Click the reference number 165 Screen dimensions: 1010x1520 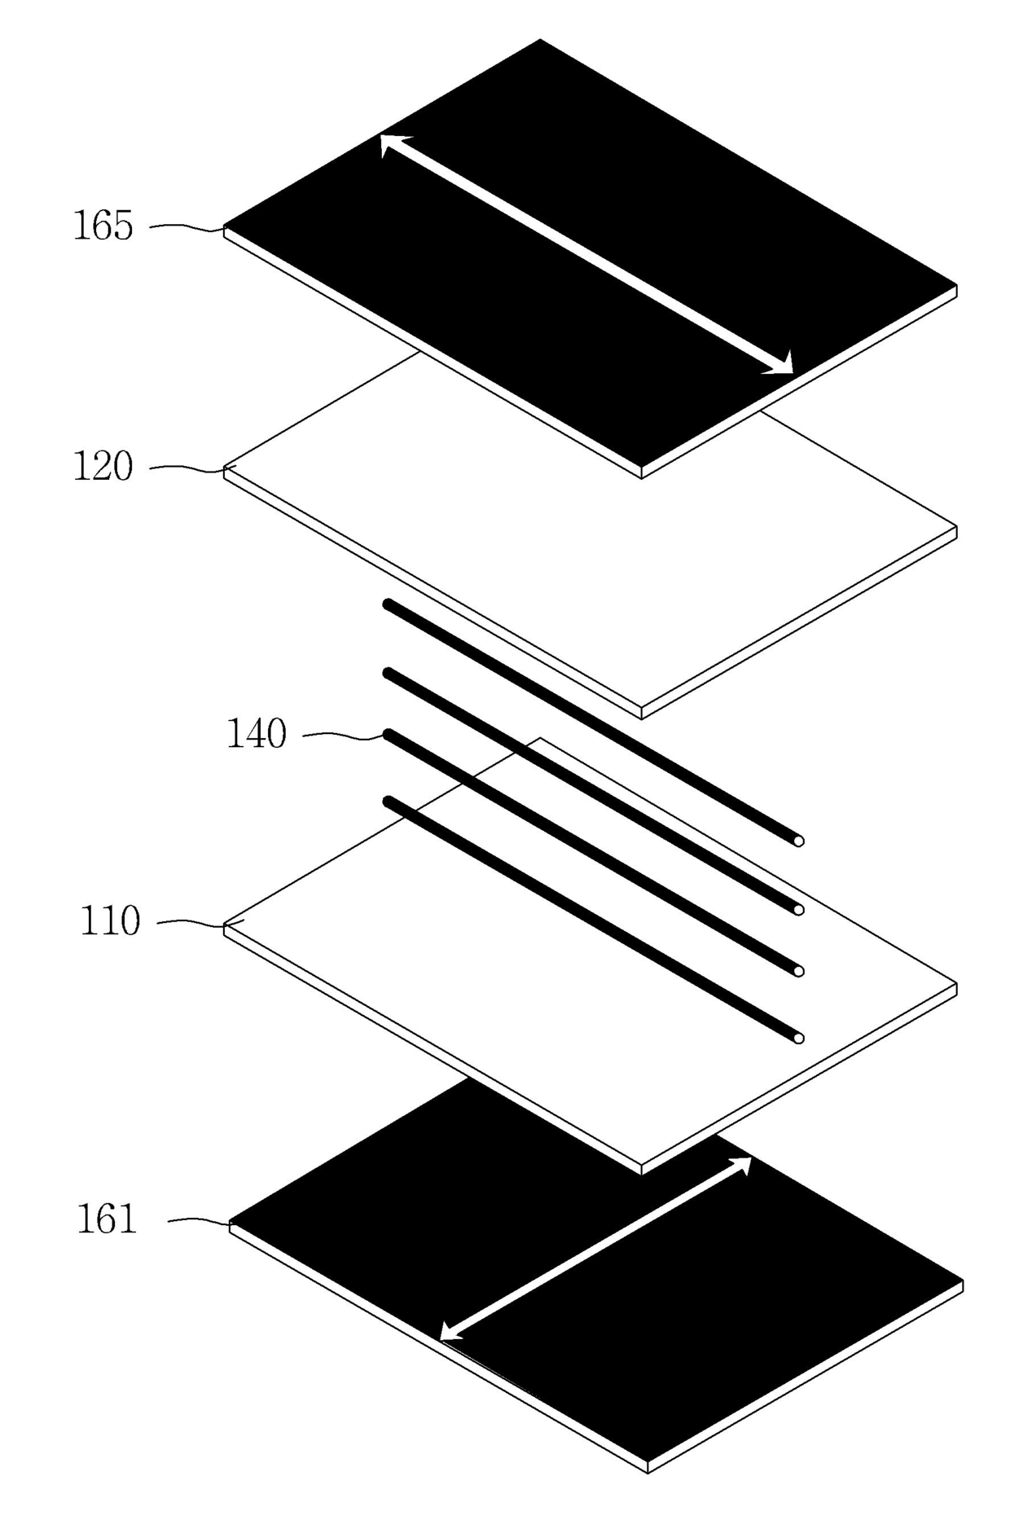pos(103,226)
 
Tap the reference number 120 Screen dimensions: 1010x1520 pos(103,468)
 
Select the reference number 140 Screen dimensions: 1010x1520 pos(256,734)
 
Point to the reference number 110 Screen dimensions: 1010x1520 pos(110,921)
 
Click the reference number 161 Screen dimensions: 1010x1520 pos(107,1219)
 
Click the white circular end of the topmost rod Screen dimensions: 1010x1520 pos(799,841)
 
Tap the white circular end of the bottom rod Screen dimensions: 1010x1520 pos(799,1039)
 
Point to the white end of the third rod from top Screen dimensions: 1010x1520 pos(799,971)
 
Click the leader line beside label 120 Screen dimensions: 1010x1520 pos(186,468)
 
